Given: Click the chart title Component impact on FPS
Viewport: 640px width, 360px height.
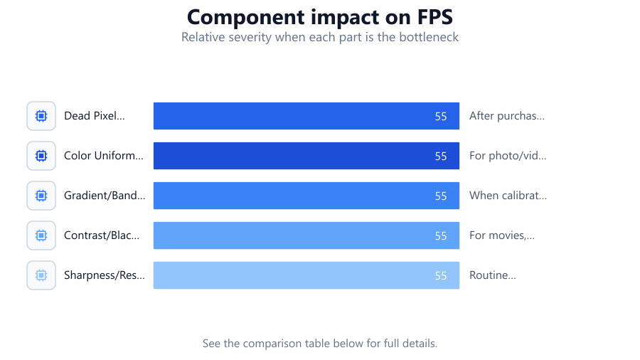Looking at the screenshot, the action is (x=320, y=17).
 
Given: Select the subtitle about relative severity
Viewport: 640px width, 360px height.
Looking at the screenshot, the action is (x=320, y=37).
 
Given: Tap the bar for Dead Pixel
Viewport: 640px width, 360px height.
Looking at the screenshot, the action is (x=306, y=116).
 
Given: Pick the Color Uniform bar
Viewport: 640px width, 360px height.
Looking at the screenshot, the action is (x=306, y=156).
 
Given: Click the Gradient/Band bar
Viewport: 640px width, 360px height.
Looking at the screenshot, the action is (x=306, y=196).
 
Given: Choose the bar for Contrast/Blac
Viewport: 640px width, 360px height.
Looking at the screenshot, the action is (x=306, y=235).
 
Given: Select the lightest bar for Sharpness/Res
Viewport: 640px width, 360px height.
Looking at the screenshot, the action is (x=306, y=275).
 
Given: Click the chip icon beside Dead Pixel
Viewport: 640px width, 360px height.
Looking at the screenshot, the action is (x=41, y=116).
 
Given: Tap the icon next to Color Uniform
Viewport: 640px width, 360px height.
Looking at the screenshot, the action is (x=41, y=156).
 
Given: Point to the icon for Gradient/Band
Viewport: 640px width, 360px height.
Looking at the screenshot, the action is (x=41, y=196).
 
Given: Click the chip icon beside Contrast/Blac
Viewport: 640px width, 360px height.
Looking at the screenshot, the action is (x=41, y=235).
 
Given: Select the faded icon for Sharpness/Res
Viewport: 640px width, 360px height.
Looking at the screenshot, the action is (x=41, y=275).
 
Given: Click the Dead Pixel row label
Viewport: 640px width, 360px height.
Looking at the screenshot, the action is (x=95, y=116).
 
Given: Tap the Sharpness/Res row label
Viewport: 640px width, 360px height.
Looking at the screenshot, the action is (x=105, y=275).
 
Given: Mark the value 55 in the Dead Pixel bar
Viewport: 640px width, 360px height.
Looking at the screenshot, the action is (x=441, y=117).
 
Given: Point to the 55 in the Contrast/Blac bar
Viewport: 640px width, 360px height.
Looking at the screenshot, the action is (x=441, y=236).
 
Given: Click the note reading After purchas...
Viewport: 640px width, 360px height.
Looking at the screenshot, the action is (x=507, y=116).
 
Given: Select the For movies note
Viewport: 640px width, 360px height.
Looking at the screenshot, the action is (x=502, y=235).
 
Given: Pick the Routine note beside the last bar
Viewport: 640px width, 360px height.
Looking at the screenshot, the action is (x=493, y=275).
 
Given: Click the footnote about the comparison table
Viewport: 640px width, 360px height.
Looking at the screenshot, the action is (x=320, y=343).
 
